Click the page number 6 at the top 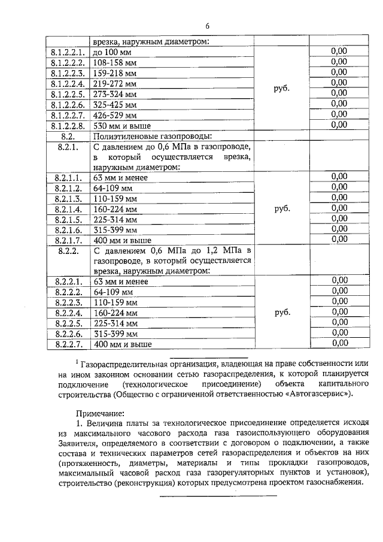(x=207, y=26)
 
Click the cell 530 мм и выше (x=121, y=126)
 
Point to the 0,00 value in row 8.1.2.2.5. (x=339, y=93)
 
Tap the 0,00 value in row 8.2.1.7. (x=339, y=239)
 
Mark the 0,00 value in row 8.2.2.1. (x=339, y=281)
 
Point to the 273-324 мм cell (x=115, y=95)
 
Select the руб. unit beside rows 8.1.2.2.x (x=281, y=87)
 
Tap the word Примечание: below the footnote (x=99, y=413)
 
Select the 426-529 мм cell (x=115, y=115)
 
